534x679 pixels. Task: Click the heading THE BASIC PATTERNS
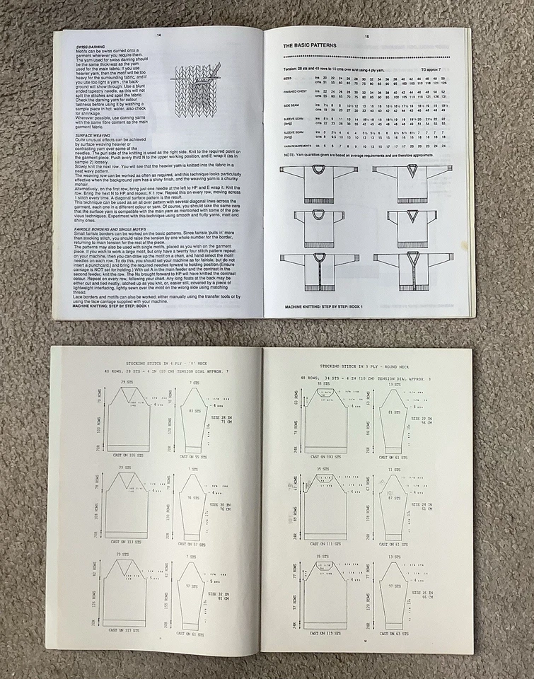(310, 45)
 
